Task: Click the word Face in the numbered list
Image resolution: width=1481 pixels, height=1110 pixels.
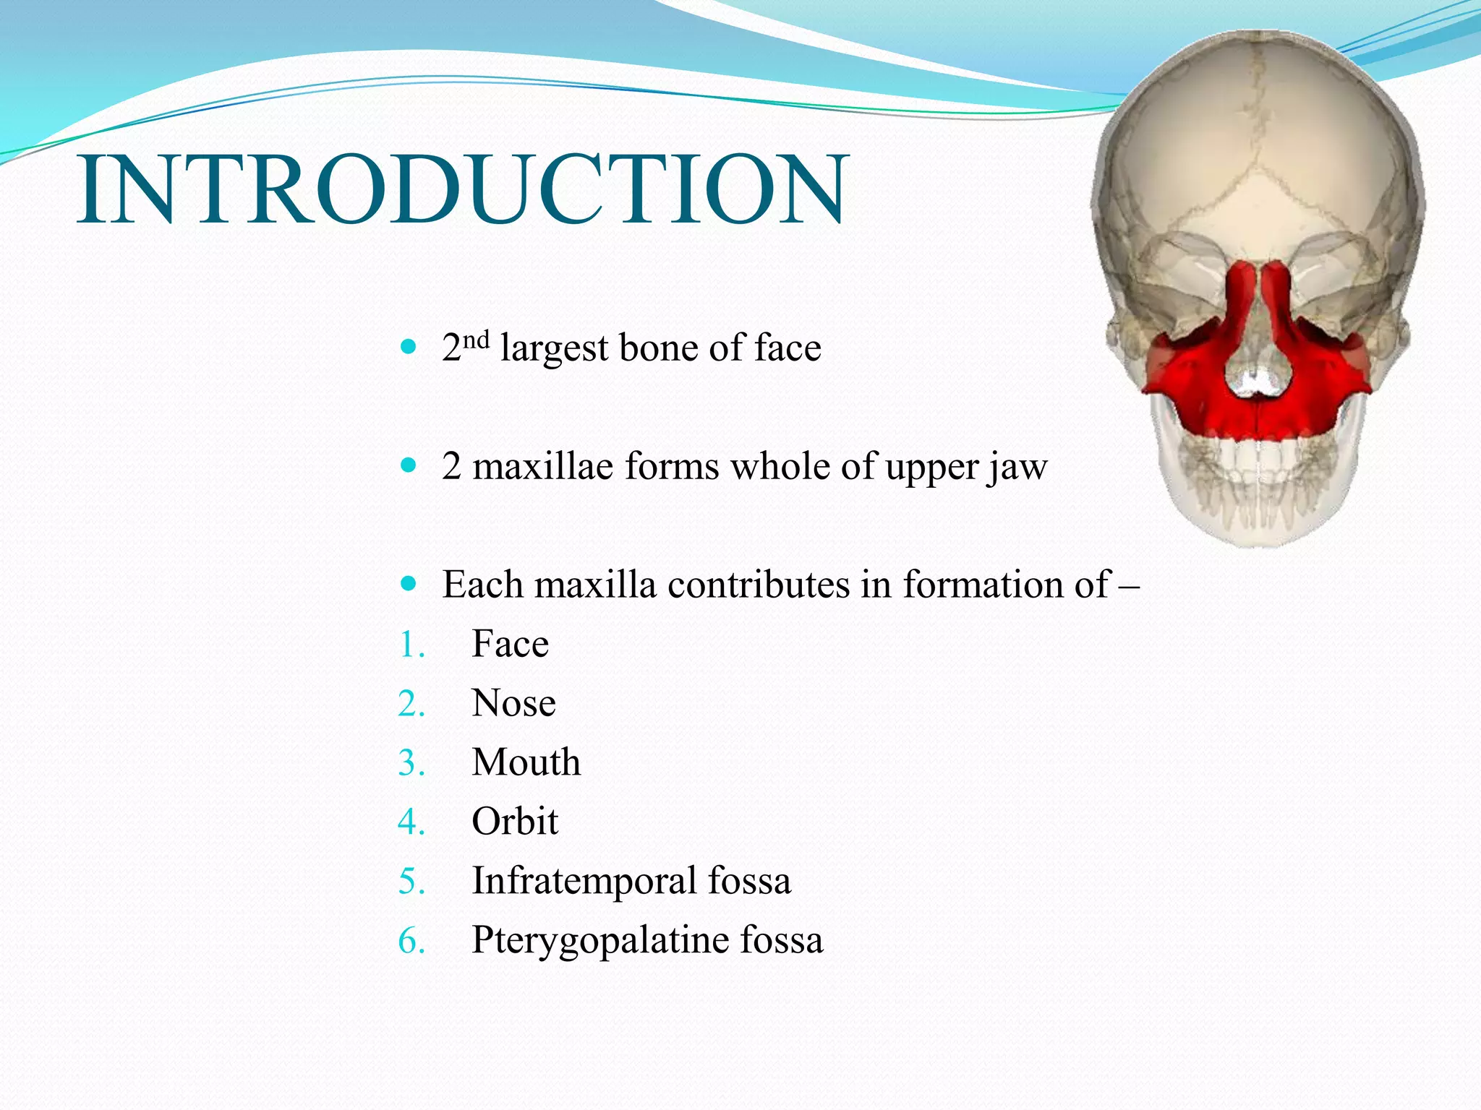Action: [510, 644]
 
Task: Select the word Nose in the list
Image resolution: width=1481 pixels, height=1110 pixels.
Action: [513, 703]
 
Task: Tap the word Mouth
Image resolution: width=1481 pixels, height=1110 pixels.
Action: [526, 762]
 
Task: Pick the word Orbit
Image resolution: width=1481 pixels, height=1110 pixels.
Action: [514, 822]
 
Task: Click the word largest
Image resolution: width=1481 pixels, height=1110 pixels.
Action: [554, 348]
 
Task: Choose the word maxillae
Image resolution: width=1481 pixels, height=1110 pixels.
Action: [543, 467]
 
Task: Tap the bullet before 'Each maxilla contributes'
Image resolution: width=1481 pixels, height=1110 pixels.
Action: [409, 583]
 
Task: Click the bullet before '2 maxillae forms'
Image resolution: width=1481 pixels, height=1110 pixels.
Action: [409, 465]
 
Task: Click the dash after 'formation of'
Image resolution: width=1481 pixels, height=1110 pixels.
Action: [1128, 585]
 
